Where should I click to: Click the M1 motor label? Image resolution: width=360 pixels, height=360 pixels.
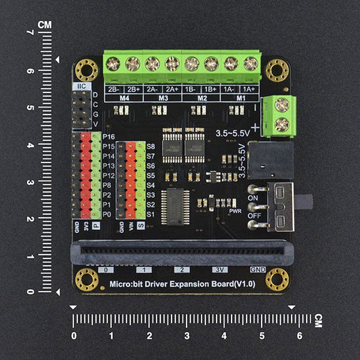coord(241,97)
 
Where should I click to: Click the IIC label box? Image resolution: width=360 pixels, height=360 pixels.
coord(81,86)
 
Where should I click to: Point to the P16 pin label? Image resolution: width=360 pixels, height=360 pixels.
coord(108,137)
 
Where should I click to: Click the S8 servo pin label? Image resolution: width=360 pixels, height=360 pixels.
coord(151,146)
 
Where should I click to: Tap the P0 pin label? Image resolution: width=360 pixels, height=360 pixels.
coord(107,214)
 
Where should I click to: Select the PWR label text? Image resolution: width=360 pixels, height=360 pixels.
coord(235,211)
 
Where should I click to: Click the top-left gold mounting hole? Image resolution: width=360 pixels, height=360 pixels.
coord(86,70)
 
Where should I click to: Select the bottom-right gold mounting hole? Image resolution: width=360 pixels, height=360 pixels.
coord(277,279)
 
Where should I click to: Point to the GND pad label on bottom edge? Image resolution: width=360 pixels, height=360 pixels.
coord(257,270)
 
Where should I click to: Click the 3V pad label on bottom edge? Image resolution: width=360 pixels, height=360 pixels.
coord(220,270)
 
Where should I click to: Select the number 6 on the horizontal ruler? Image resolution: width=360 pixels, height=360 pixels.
coord(299,335)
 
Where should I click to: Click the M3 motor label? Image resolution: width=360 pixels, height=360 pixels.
coord(163,97)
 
